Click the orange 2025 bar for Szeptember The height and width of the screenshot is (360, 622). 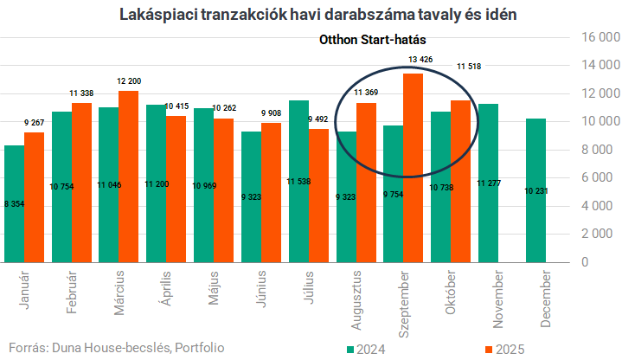pos(414,169)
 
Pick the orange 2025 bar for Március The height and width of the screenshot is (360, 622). pos(128,177)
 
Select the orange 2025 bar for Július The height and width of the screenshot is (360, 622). pos(318,196)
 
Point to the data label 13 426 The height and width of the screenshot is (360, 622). pos(420,60)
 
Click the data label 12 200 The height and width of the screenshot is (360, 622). pos(128,80)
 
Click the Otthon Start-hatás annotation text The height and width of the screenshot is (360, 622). pos(373,39)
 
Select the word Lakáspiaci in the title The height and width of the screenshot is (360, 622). pos(155,16)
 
